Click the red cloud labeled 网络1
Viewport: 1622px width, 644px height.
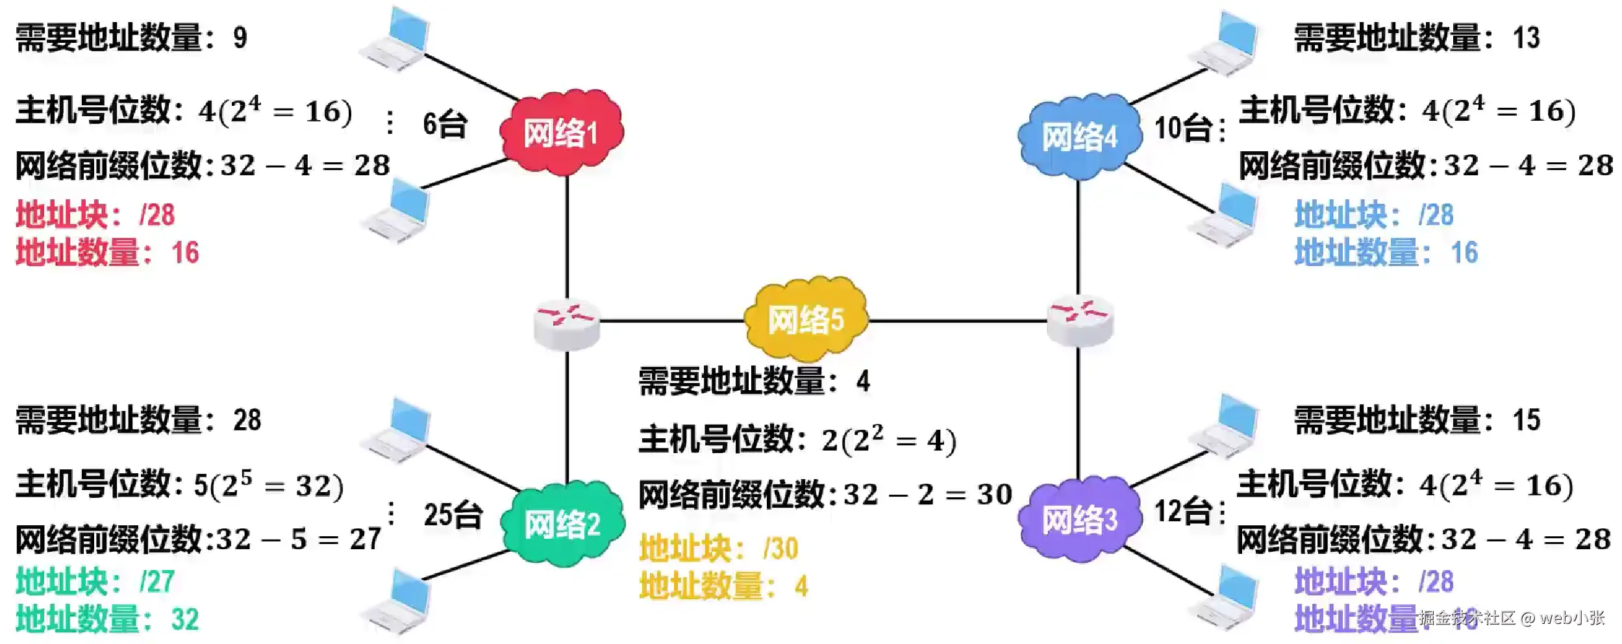click(562, 132)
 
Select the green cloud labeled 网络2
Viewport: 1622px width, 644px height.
click(563, 523)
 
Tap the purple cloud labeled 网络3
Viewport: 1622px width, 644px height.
click(1079, 519)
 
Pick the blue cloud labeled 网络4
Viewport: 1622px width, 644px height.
click(1079, 136)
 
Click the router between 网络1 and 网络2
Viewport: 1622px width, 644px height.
click(567, 323)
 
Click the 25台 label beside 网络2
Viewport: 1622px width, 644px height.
click(453, 515)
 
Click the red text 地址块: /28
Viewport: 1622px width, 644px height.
click(95, 215)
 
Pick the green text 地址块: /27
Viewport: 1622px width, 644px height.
click(95, 581)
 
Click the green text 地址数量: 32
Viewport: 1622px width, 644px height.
click(107, 619)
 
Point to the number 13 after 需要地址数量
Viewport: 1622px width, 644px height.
click(1526, 38)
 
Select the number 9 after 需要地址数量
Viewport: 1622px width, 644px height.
click(240, 38)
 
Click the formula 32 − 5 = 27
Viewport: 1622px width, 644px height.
click(299, 539)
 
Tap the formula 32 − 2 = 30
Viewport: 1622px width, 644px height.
click(928, 495)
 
